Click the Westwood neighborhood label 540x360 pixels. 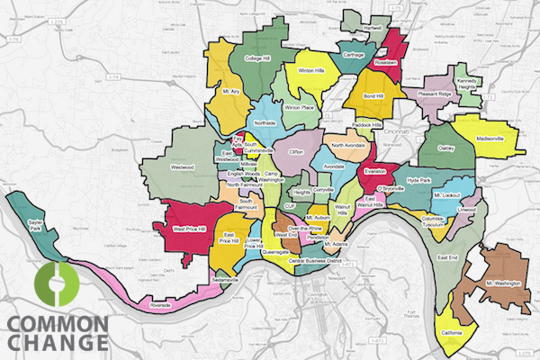183,167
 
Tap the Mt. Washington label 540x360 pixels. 502,285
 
